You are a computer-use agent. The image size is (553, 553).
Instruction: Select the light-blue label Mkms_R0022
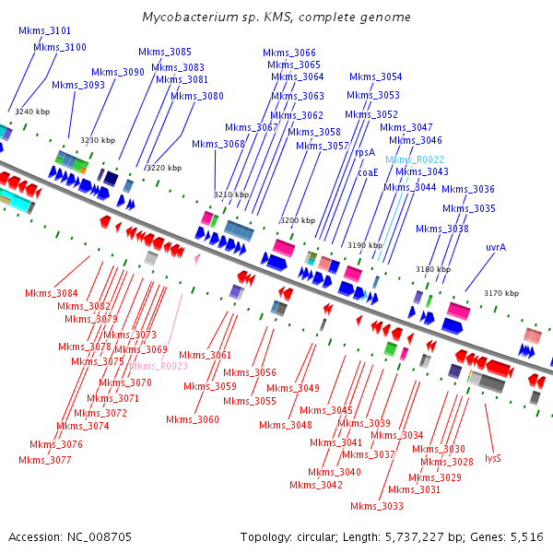coord(415,159)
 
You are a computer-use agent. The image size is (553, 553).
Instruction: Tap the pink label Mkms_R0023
coord(159,366)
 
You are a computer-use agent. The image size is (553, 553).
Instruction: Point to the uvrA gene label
coord(496,247)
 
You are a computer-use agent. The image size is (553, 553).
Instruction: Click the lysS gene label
coord(493,457)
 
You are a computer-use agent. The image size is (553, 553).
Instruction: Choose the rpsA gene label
coord(365,153)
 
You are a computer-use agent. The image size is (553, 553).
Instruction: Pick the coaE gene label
coord(369,171)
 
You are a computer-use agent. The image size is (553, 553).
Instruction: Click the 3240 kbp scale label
coord(32,112)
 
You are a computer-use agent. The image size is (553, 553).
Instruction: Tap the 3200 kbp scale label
coord(296,221)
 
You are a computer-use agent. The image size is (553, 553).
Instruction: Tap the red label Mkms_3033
coord(377,506)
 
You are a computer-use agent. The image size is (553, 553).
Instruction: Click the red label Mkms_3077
coord(44,459)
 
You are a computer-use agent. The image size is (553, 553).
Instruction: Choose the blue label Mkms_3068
coord(218,144)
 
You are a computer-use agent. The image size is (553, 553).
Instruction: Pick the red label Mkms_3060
coord(193,419)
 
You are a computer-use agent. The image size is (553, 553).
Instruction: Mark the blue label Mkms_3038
coord(441,229)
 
